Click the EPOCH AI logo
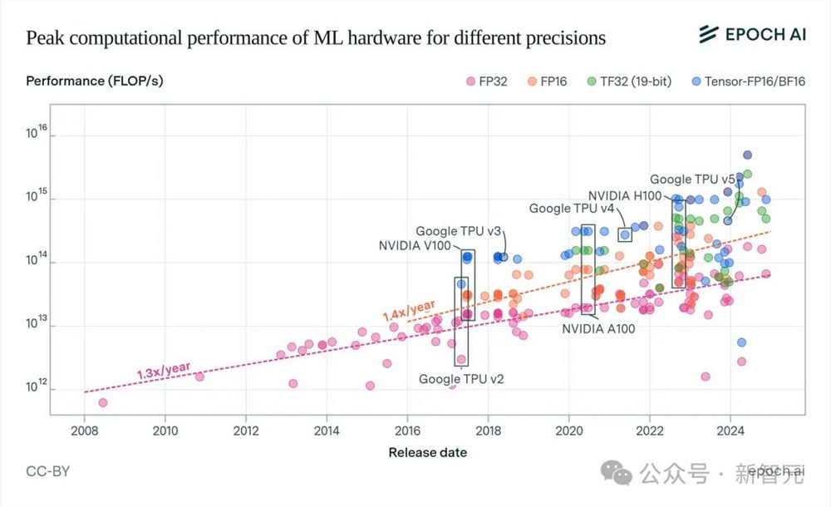pyautogui.click(x=751, y=34)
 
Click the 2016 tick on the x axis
pyautogui.click(x=407, y=431)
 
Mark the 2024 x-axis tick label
pyautogui.click(x=730, y=431)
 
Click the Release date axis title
pyautogui.click(x=427, y=453)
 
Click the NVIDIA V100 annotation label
pyautogui.click(x=415, y=245)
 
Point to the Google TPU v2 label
pyautogui.click(x=461, y=379)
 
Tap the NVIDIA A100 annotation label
pyautogui.click(x=598, y=328)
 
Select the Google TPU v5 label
pyautogui.click(x=692, y=179)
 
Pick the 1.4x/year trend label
pyautogui.click(x=409, y=311)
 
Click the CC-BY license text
pyautogui.click(x=48, y=471)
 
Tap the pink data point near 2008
pyautogui.click(x=103, y=402)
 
